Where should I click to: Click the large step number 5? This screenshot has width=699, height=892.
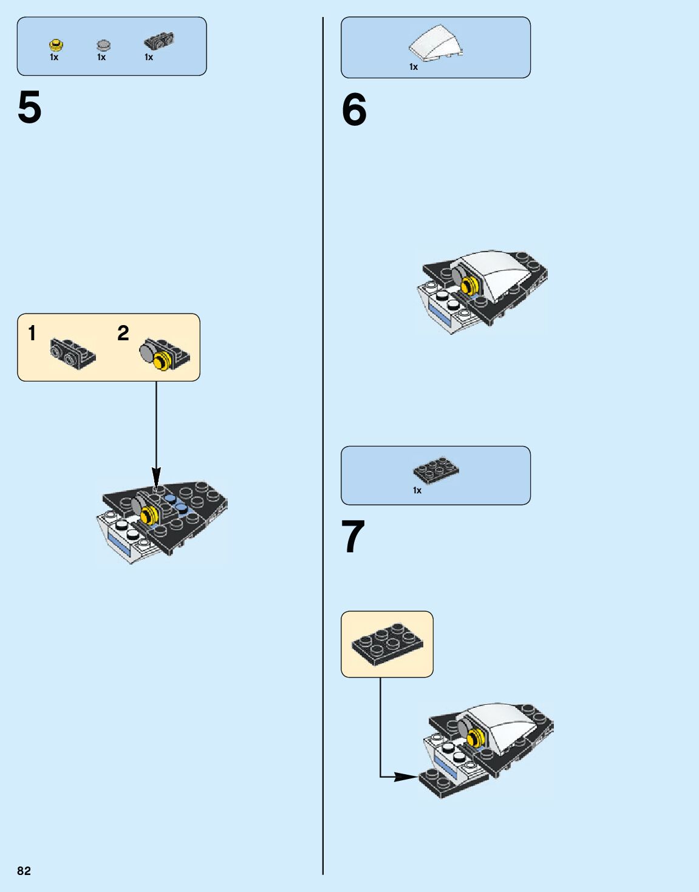(30, 108)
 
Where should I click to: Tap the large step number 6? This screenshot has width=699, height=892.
(354, 110)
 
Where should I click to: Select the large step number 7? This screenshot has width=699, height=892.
(353, 537)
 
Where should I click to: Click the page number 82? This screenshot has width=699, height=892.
(24, 871)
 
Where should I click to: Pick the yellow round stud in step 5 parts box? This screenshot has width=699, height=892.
(56, 44)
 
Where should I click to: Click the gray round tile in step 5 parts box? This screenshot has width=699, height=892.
(104, 45)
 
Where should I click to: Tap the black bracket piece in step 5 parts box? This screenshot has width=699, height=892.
(159, 41)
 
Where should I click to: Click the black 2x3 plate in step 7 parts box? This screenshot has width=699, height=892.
(435, 470)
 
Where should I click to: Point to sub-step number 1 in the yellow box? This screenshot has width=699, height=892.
(32, 333)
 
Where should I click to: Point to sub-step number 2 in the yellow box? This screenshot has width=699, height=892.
(123, 333)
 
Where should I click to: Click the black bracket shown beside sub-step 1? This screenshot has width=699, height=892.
(72, 352)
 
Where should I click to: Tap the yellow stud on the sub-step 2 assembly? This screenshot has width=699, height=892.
(162, 362)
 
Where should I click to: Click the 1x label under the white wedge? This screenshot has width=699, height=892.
(414, 67)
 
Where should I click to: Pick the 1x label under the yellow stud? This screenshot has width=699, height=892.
(54, 57)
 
